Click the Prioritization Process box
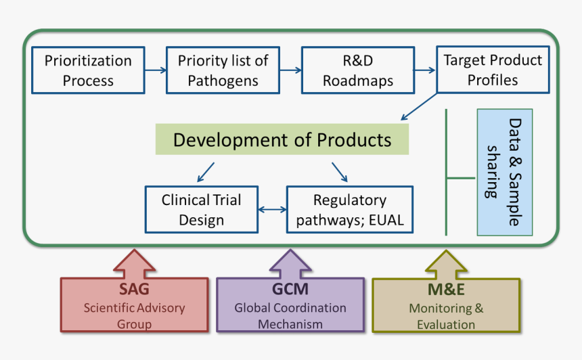click(x=88, y=70)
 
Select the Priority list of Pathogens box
click(x=223, y=70)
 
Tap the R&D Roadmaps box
click(x=357, y=70)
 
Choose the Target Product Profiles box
click(x=492, y=70)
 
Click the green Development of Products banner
click(x=282, y=139)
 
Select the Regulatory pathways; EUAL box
click(x=349, y=210)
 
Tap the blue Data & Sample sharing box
click(x=504, y=172)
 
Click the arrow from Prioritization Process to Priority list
click(x=156, y=70)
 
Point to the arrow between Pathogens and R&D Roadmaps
click(x=290, y=70)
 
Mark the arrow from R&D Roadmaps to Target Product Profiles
click(x=424, y=70)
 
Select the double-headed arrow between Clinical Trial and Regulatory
click(x=273, y=210)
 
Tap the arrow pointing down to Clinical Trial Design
click(x=206, y=172)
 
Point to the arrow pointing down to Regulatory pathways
click(x=340, y=172)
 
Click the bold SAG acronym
click(x=134, y=290)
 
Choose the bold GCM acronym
click(x=290, y=290)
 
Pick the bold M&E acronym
click(x=445, y=290)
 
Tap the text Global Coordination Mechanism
click(x=290, y=316)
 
